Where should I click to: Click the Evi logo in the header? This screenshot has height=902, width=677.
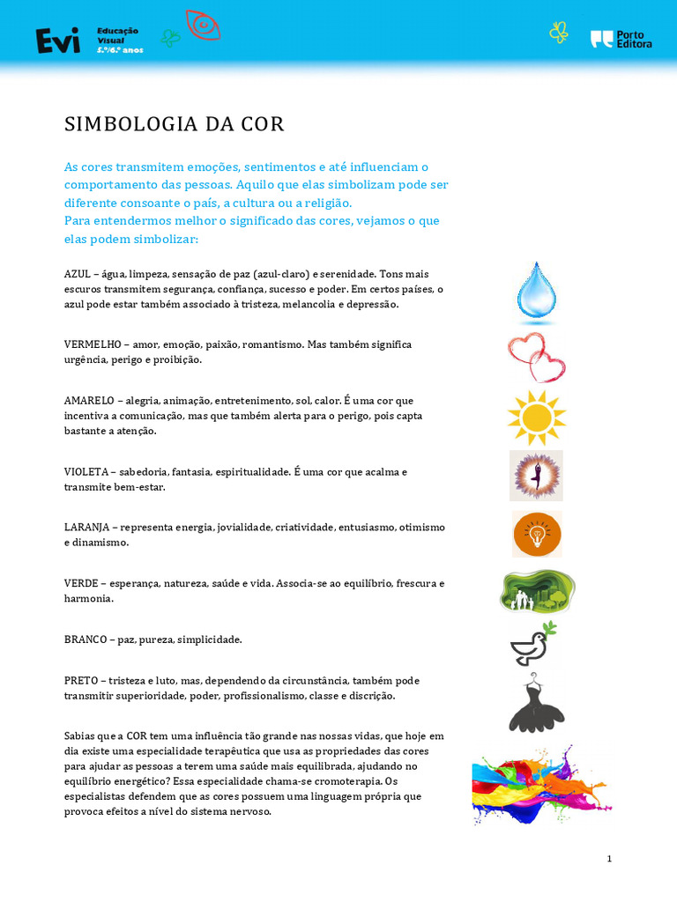click(57, 40)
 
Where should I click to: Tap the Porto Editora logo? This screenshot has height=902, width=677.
click(621, 39)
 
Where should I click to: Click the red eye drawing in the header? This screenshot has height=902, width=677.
click(203, 26)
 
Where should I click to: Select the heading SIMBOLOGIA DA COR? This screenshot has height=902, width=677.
click(175, 124)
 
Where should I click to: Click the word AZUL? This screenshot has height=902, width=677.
click(78, 274)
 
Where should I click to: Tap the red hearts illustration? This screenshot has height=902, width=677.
click(537, 357)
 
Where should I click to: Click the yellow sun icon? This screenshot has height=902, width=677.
click(536, 417)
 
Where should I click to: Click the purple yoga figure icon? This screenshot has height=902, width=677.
click(536, 476)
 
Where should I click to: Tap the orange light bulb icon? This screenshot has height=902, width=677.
click(537, 534)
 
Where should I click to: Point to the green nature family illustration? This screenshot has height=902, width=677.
click(537, 591)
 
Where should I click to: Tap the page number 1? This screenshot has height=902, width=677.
click(609, 859)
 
